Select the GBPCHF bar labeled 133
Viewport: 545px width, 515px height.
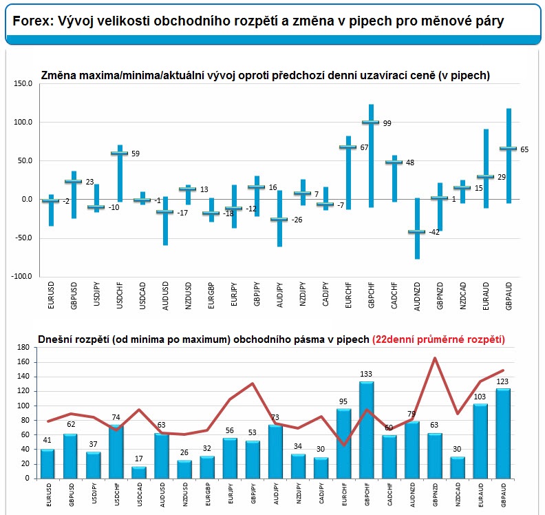coord(366,430)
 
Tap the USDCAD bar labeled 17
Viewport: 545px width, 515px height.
coord(139,472)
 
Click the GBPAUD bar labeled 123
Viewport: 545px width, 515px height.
coord(503,433)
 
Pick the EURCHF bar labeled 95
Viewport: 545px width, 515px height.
coord(344,443)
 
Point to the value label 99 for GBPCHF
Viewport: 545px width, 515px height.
coord(387,123)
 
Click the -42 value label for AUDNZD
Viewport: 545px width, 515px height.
coord(434,232)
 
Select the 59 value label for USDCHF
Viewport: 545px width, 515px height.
coord(136,154)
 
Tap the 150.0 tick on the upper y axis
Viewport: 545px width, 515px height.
coord(23,83)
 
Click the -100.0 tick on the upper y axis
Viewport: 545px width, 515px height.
coord(21,277)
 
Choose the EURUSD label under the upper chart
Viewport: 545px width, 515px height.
coord(51,295)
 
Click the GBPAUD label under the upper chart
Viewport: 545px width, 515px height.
coord(509,296)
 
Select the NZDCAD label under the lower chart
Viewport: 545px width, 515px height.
coord(458,494)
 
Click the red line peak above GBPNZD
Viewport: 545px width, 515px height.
coord(435,358)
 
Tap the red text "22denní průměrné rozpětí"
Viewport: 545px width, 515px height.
coord(438,339)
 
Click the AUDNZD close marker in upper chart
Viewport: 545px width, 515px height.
coord(417,231)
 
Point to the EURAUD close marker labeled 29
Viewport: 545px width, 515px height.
coord(486,177)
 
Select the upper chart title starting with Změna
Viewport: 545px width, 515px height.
coord(266,76)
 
